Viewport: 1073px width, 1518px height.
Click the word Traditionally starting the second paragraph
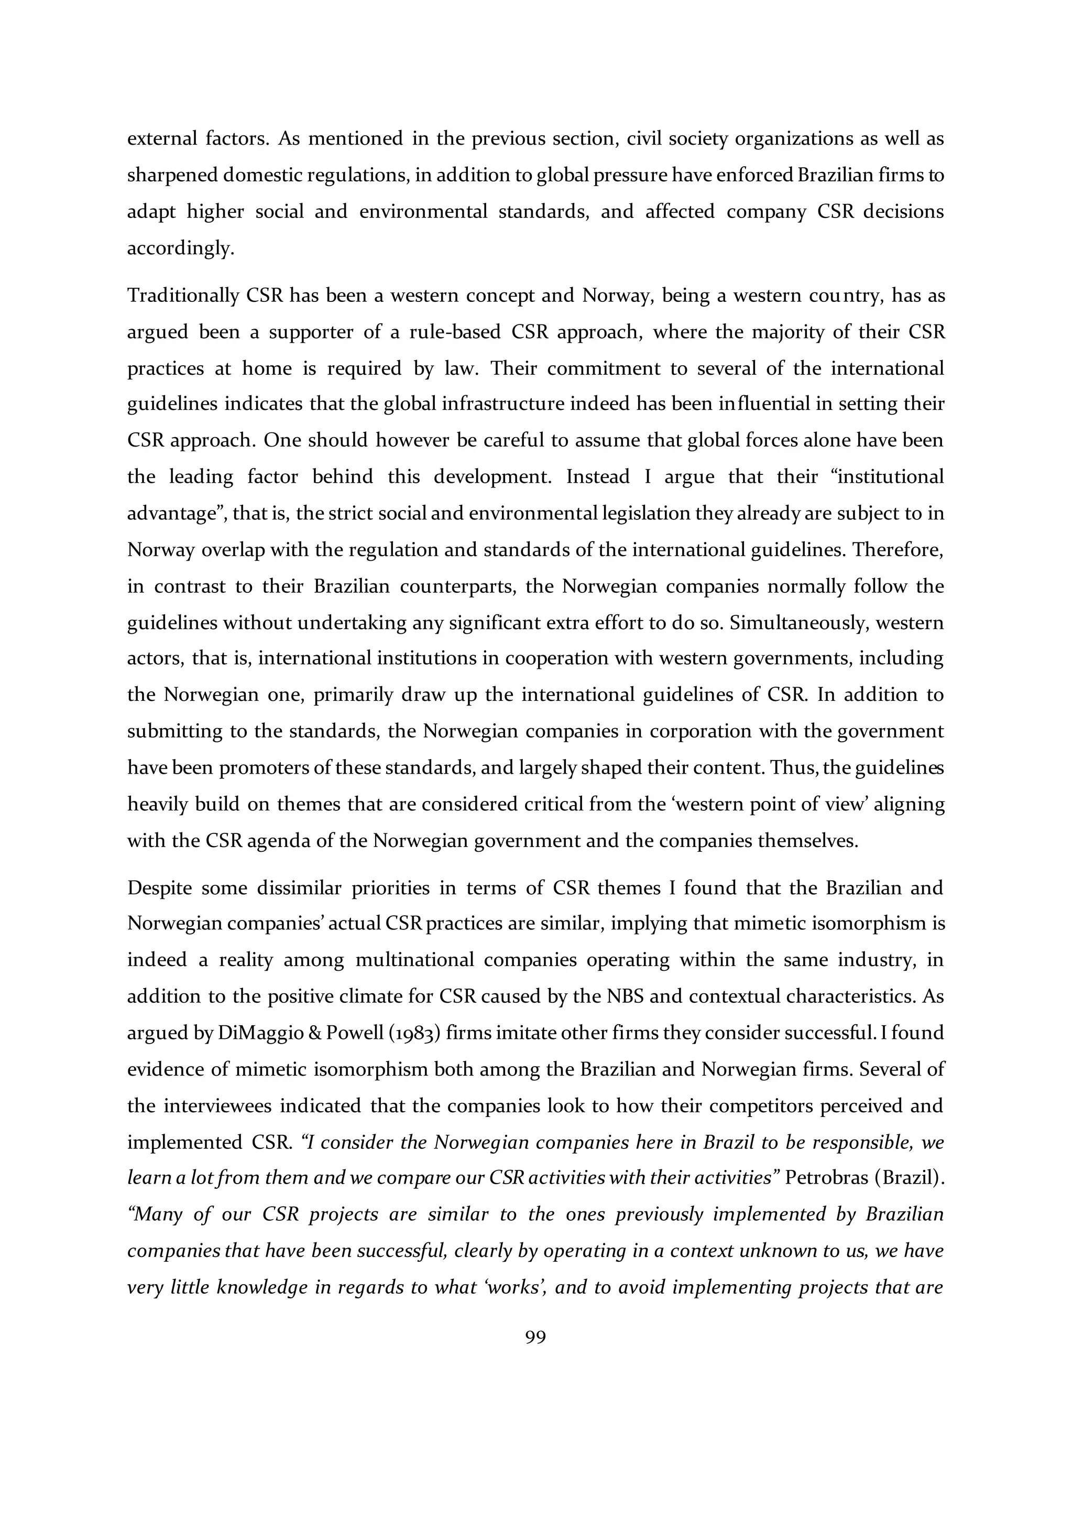(x=183, y=296)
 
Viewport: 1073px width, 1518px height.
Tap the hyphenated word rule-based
(x=455, y=332)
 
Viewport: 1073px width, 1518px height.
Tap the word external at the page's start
(x=160, y=139)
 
